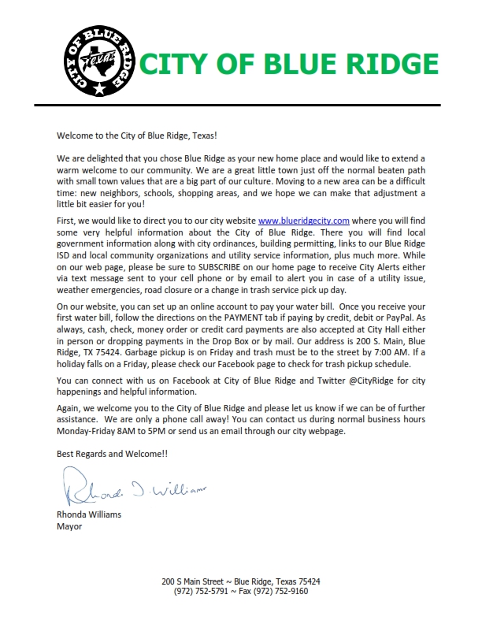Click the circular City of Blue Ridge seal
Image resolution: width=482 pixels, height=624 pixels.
pyautogui.click(x=98, y=61)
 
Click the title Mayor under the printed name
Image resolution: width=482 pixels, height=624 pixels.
pyautogui.click(x=69, y=526)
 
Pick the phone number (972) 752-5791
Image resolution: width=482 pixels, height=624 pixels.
pyautogui.click(x=202, y=591)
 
